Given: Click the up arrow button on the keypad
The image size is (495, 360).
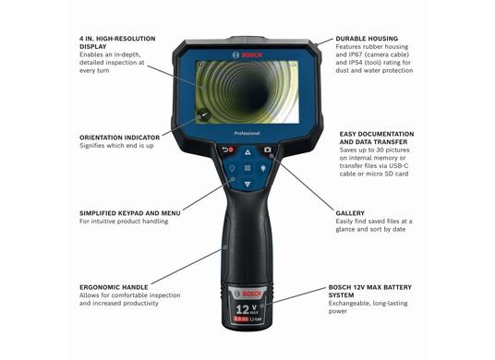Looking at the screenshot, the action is [247, 152].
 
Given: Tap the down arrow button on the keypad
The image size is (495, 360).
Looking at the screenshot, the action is [247, 185].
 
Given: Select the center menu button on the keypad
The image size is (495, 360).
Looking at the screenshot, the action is [247, 168].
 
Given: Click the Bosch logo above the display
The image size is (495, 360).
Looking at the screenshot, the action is [247, 54].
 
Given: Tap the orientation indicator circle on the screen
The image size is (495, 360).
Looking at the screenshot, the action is [204, 115].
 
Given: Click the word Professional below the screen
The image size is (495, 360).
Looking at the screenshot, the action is [247, 134].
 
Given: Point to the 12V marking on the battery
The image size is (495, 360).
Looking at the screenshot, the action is [247, 309].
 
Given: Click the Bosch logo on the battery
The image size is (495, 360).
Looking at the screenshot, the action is [247, 294].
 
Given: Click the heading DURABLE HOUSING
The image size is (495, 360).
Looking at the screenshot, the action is [367, 39].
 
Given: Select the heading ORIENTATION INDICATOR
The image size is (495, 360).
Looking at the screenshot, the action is [120, 138].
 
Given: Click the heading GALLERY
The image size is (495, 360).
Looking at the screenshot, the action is [350, 213].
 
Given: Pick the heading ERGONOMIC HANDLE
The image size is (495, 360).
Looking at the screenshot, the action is [114, 287].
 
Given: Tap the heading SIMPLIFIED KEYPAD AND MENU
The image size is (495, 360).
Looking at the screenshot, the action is [130, 213].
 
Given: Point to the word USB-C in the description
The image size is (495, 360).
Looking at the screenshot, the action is [399, 165].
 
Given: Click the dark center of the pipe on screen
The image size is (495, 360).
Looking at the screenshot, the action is [259, 91].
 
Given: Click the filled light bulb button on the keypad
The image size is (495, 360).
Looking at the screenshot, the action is [263, 168].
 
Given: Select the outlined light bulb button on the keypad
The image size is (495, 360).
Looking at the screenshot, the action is [232, 168].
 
